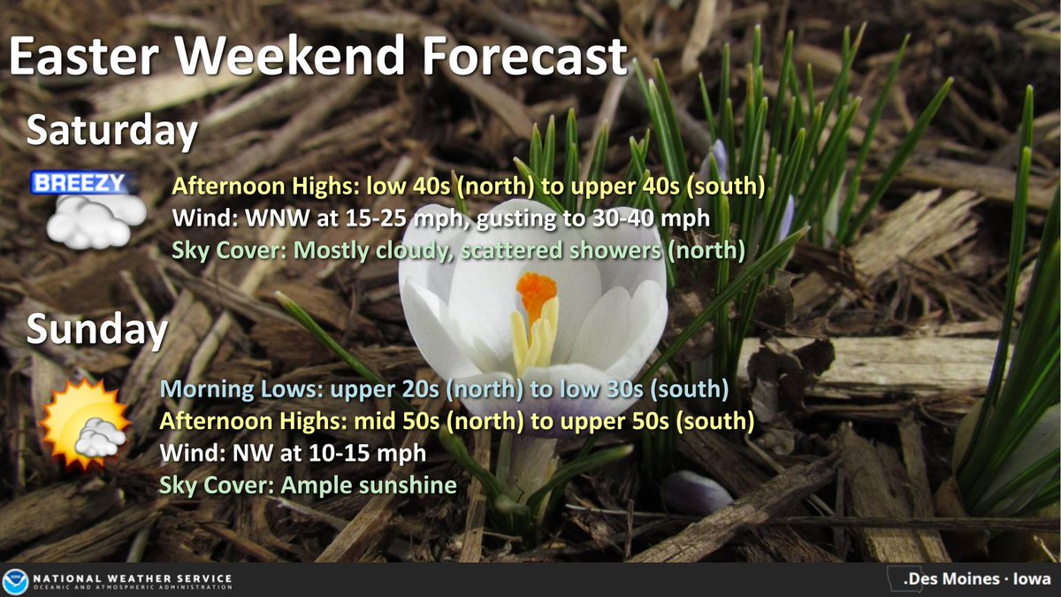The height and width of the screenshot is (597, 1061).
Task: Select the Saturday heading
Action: (x=111, y=131)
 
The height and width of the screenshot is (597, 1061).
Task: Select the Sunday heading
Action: (x=96, y=330)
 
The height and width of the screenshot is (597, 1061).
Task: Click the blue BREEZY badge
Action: (x=80, y=183)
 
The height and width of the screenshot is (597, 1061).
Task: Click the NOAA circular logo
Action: (x=15, y=580)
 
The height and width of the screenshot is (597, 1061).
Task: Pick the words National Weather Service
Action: (x=133, y=578)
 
